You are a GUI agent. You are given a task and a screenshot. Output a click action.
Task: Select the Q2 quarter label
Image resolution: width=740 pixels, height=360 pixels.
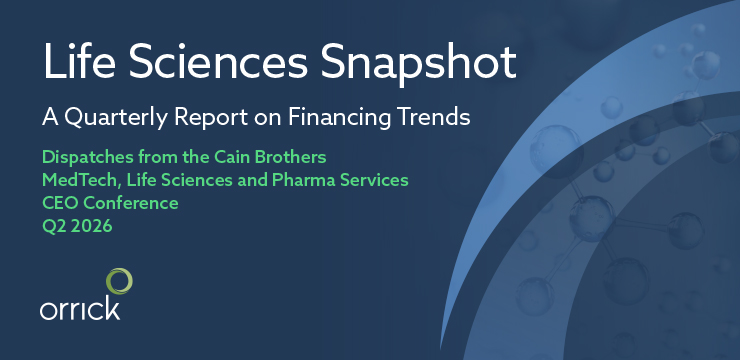pyautogui.click(x=55, y=226)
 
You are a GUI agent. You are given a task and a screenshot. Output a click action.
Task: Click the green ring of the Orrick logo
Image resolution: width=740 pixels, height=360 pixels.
pyautogui.click(x=119, y=282)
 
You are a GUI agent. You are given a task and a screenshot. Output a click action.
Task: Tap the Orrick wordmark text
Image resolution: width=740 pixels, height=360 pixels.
pyautogui.click(x=79, y=308)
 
